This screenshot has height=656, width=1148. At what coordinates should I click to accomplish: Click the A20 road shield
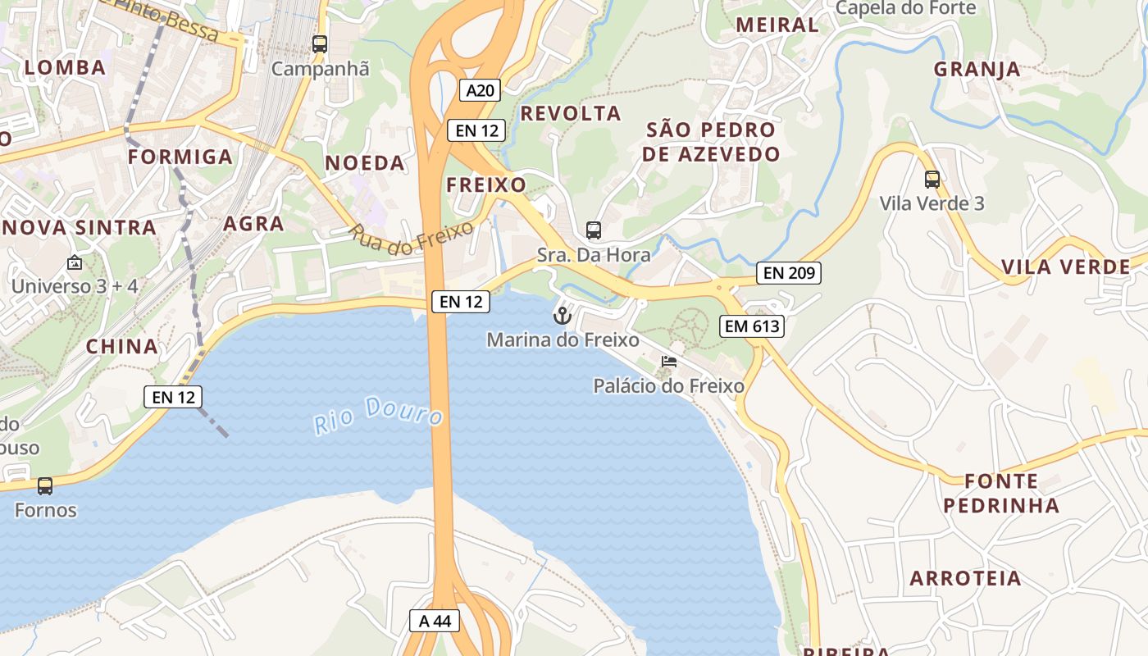pos(480,90)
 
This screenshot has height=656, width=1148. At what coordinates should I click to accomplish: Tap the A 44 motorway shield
pos(435,621)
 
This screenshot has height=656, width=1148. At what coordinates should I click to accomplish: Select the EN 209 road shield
pos(788,273)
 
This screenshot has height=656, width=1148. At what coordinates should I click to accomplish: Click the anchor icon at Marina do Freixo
pos(562,315)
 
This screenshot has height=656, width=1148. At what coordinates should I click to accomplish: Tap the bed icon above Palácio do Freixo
pos(669,362)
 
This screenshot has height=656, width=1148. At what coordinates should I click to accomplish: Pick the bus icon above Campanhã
pos(320,44)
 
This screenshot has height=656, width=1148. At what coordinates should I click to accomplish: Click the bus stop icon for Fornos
pos(45,486)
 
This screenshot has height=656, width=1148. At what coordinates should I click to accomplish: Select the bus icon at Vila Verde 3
pos(932,179)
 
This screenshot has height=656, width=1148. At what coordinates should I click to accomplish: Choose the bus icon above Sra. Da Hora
pos(594,230)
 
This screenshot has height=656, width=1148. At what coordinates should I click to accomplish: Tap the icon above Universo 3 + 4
pos(75,263)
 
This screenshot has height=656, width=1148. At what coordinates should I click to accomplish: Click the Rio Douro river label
pos(378,413)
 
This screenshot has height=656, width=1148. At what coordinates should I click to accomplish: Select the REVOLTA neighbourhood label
pos(571,113)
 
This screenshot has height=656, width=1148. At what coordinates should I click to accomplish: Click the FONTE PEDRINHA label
pos(1001,493)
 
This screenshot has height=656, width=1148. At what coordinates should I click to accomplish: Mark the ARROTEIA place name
pos(966,578)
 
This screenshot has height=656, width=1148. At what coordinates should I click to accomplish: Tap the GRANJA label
pos(977,70)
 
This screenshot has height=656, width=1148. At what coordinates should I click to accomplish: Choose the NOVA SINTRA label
pos(80,228)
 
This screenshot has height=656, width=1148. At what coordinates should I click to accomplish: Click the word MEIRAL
pos(777,25)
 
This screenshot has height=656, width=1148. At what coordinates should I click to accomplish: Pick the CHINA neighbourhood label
pos(122,346)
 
